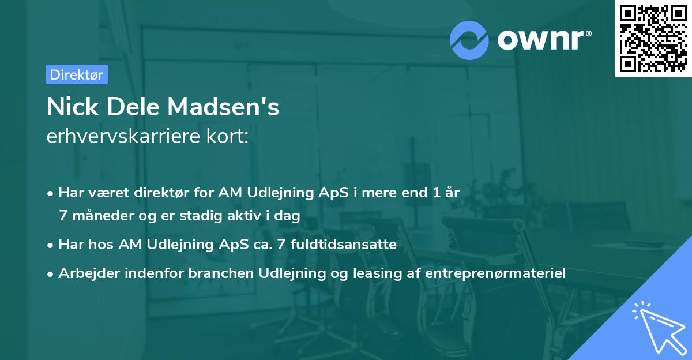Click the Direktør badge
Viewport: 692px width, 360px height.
(x=77, y=74)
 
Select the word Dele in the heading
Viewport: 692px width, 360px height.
(x=136, y=107)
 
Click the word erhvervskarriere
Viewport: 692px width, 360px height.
(x=123, y=136)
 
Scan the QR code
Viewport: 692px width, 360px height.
(x=653, y=38)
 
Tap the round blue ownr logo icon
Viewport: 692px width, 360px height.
(x=469, y=40)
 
